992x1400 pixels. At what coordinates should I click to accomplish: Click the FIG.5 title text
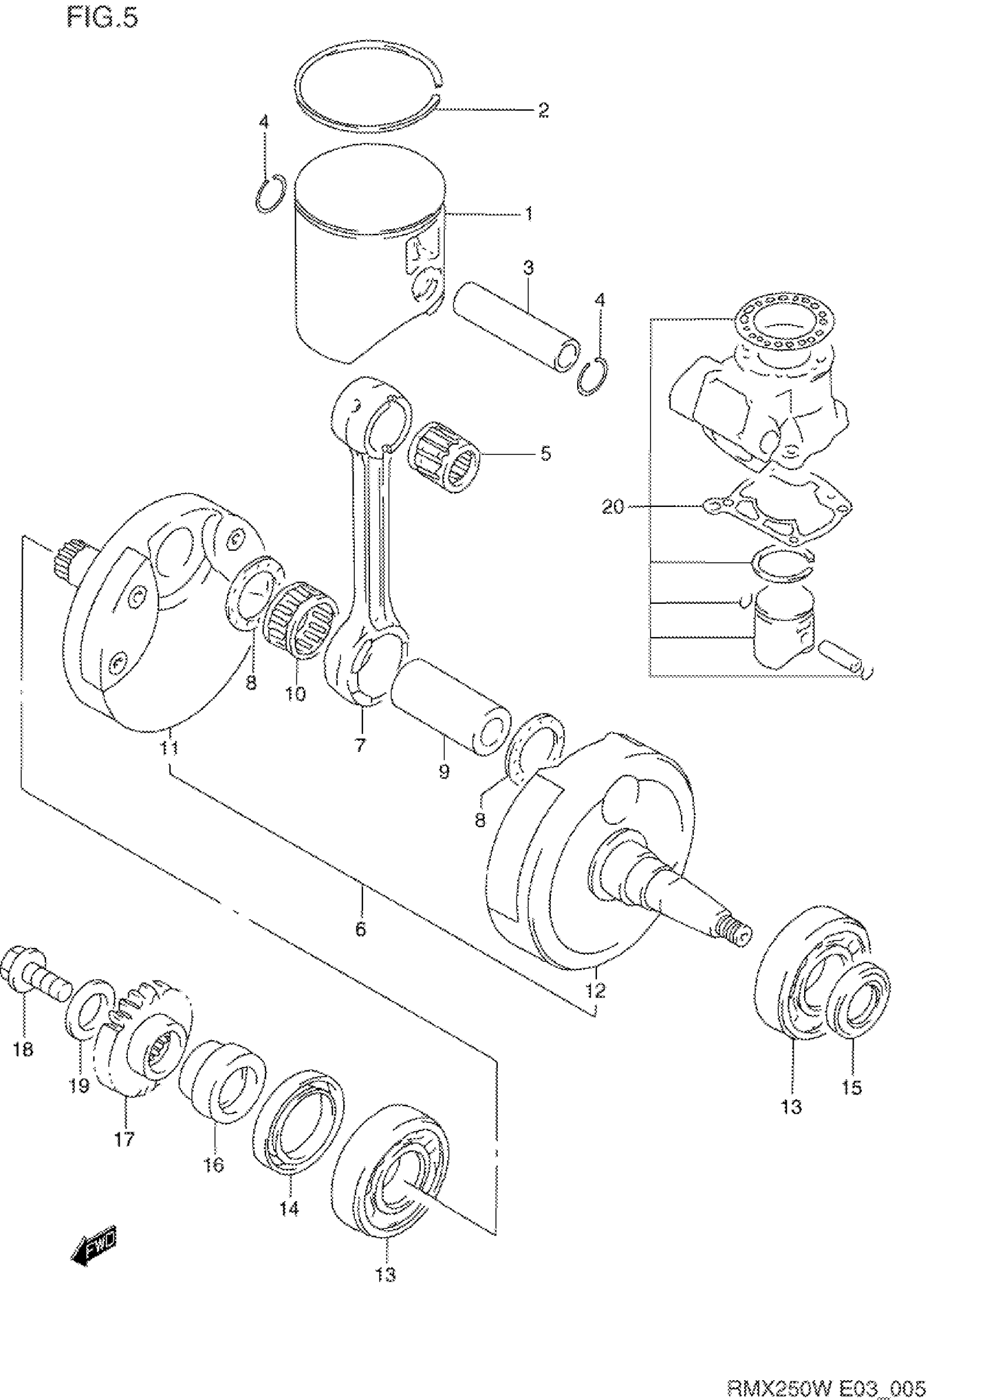pos(103,18)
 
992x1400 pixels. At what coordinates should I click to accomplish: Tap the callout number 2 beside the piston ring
pos(543,110)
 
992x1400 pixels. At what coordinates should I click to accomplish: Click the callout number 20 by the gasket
pos(613,507)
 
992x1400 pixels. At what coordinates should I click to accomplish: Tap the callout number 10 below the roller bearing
pos(295,694)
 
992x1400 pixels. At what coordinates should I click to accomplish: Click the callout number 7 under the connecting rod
pos(360,745)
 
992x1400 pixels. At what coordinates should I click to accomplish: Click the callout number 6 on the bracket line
pos(361,929)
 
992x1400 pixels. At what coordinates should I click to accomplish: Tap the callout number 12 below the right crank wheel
pos(595,991)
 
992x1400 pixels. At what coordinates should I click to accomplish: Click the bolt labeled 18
pos(37,984)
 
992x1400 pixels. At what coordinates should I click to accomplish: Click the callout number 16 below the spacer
pos(214,1165)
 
